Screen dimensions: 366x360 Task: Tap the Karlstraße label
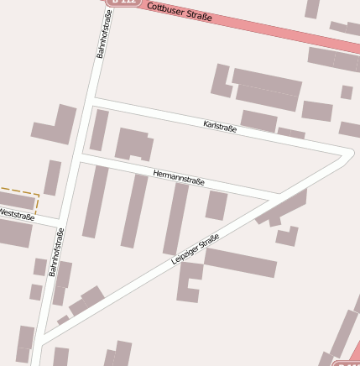click(x=220, y=127)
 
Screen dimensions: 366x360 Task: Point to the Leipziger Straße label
click(x=195, y=249)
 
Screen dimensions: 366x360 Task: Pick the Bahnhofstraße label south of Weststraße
click(x=56, y=251)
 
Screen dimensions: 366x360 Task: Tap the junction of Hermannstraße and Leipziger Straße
click(x=275, y=198)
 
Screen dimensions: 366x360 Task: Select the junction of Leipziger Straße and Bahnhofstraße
click(x=39, y=342)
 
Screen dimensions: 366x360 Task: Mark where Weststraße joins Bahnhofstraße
click(x=64, y=222)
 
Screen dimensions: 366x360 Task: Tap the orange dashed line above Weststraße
click(x=17, y=189)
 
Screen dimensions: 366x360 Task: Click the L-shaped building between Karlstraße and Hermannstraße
click(x=133, y=144)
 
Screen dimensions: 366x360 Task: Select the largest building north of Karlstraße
click(x=267, y=87)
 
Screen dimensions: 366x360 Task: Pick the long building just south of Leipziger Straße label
click(x=240, y=262)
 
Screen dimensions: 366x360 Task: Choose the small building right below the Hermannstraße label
click(x=217, y=205)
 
